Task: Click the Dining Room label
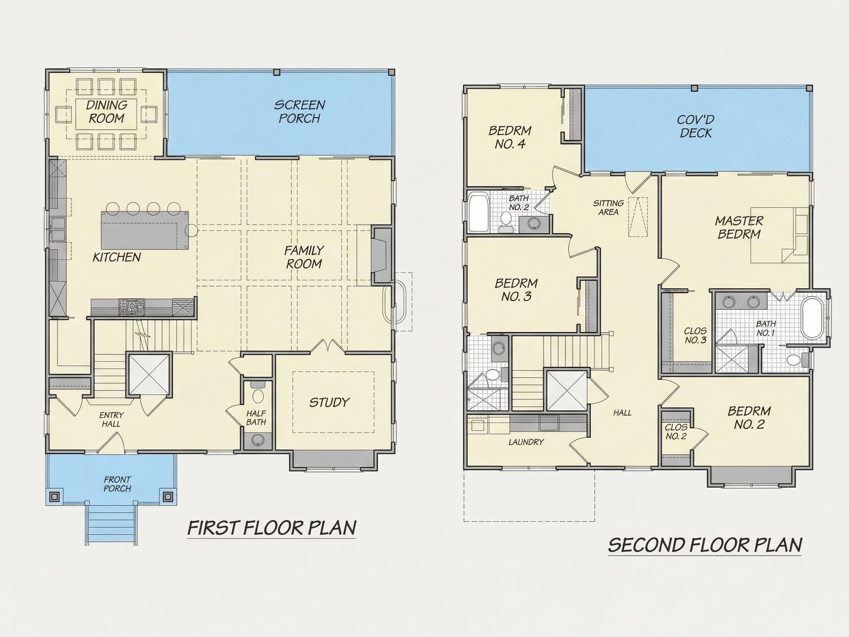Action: pos(107,111)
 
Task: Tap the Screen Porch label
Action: pos(299,111)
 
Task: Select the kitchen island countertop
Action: pos(145,230)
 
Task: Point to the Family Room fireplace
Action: pos(380,255)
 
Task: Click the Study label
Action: pos(329,402)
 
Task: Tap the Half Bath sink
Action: pos(257,440)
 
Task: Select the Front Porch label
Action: pos(118,484)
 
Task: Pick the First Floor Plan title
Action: pos(272,528)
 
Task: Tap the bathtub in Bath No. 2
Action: pos(478,213)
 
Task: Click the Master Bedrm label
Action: pos(739,227)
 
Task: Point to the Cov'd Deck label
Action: pos(695,126)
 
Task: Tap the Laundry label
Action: pos(526,442)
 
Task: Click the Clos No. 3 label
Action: pos(695,335)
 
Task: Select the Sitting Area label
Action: pos(608,207)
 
